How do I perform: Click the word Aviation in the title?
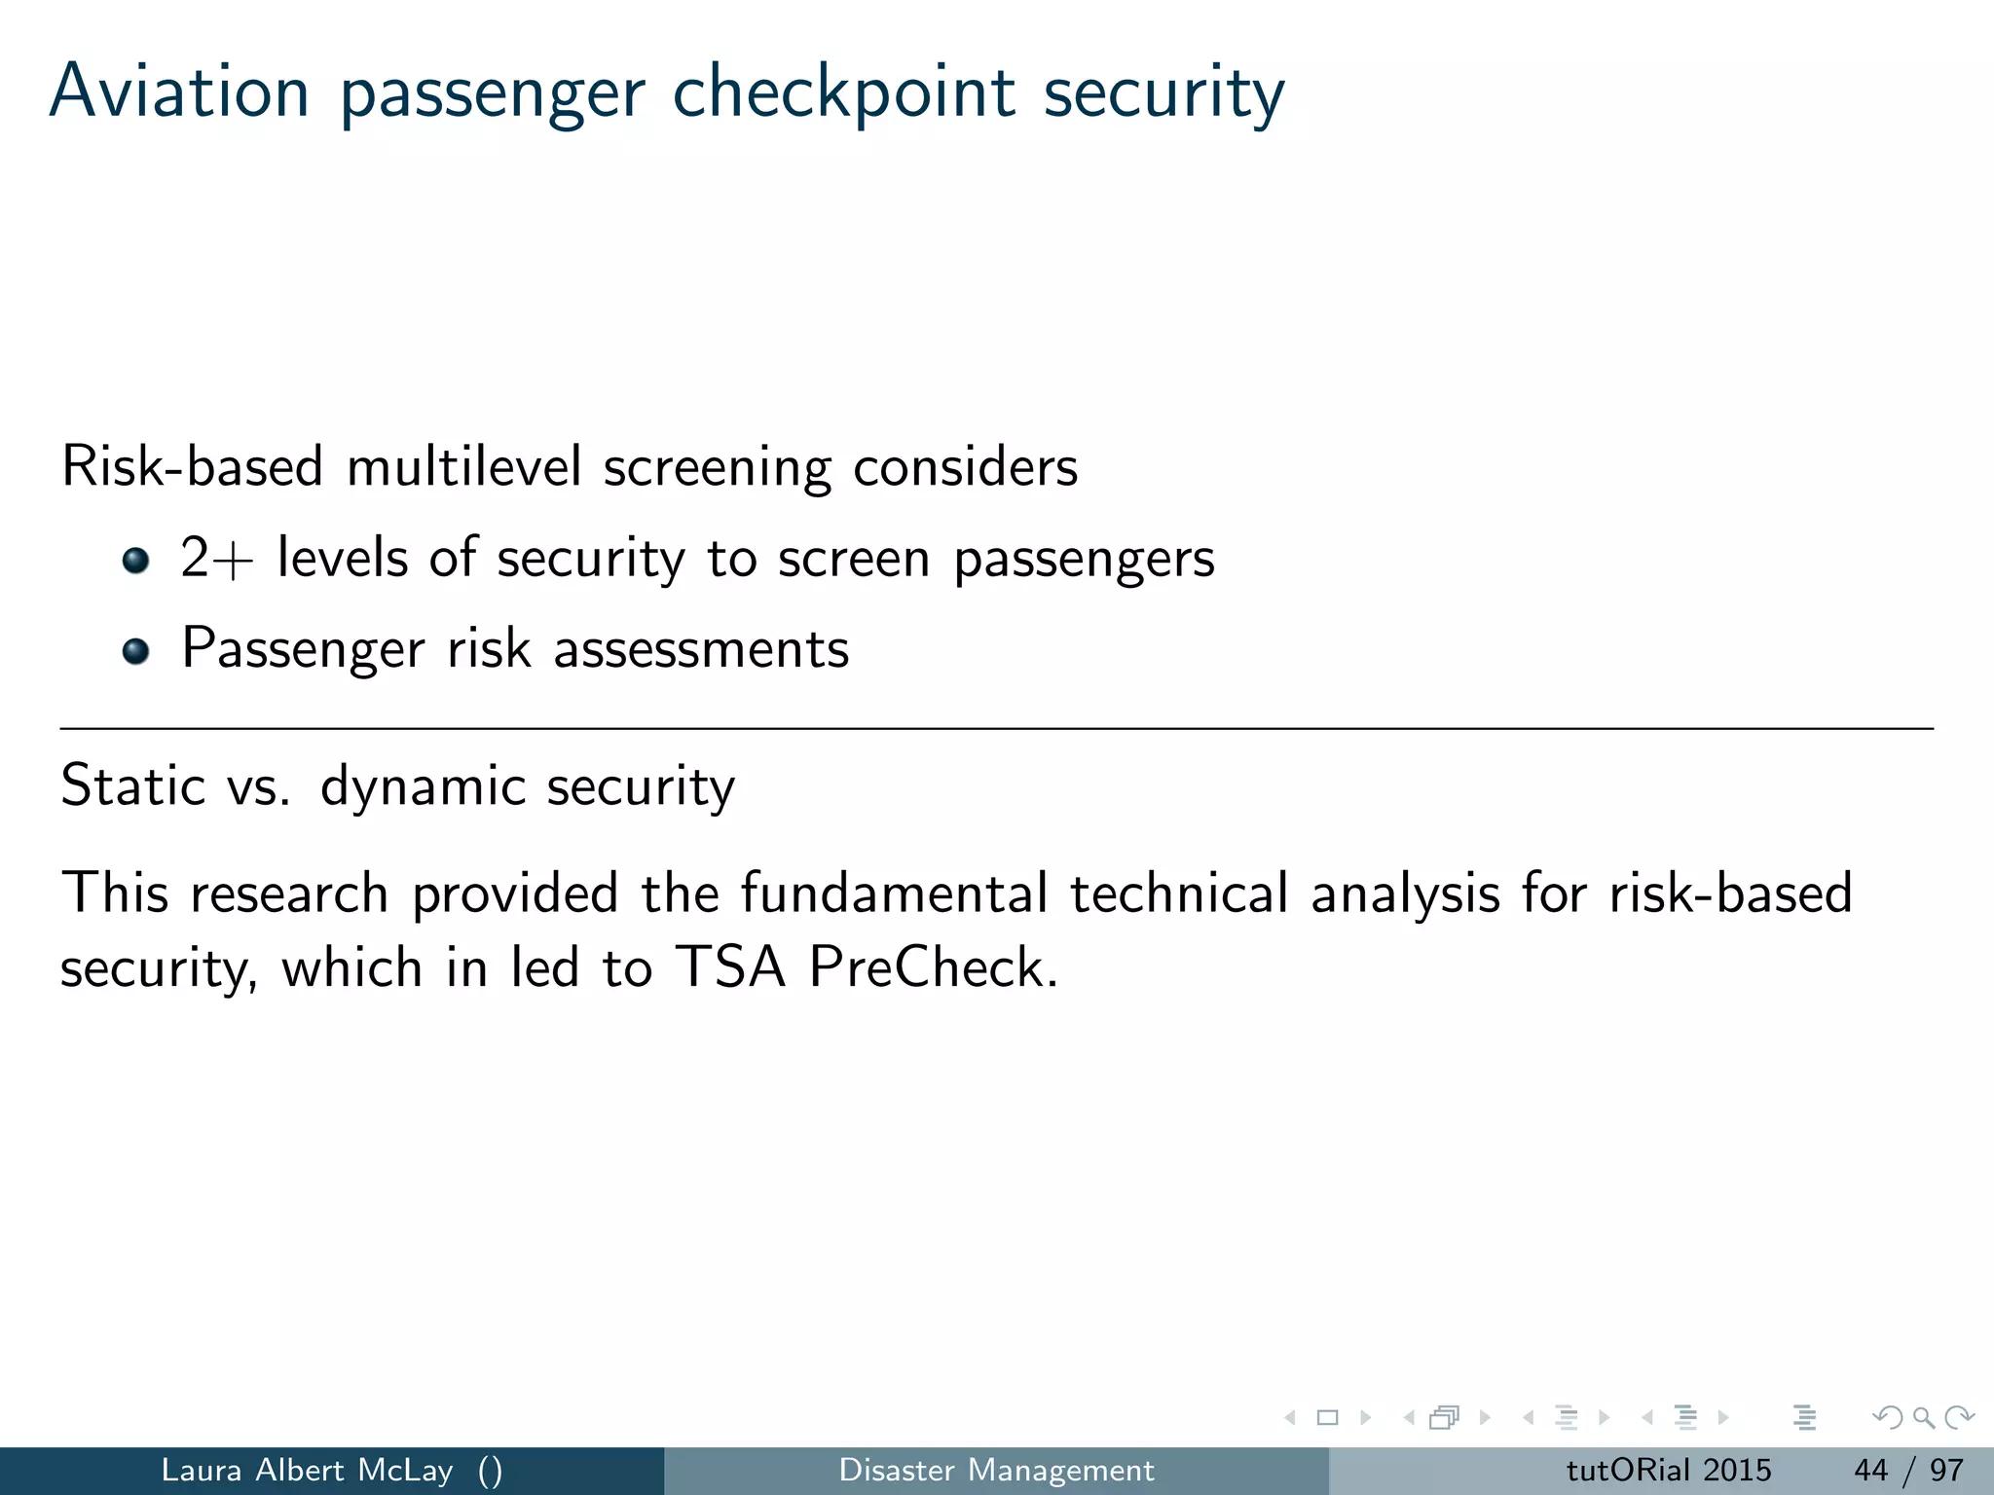179,91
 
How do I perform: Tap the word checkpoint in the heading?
844,93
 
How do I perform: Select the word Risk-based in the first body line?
192,466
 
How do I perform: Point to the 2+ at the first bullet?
216,559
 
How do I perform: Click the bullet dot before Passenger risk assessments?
136,650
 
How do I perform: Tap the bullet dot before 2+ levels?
136,560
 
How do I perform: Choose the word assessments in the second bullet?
701,649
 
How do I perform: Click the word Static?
133,785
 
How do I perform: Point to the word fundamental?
894,893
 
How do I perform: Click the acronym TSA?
730,967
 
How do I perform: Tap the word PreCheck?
932,967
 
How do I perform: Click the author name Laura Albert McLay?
307,1470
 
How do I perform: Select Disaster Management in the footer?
996,1470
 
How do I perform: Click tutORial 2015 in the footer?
1668,1470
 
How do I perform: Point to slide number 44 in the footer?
1870,1470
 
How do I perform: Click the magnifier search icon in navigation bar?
1923,1417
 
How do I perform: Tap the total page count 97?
1946,1470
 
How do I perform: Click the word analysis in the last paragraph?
1405,894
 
